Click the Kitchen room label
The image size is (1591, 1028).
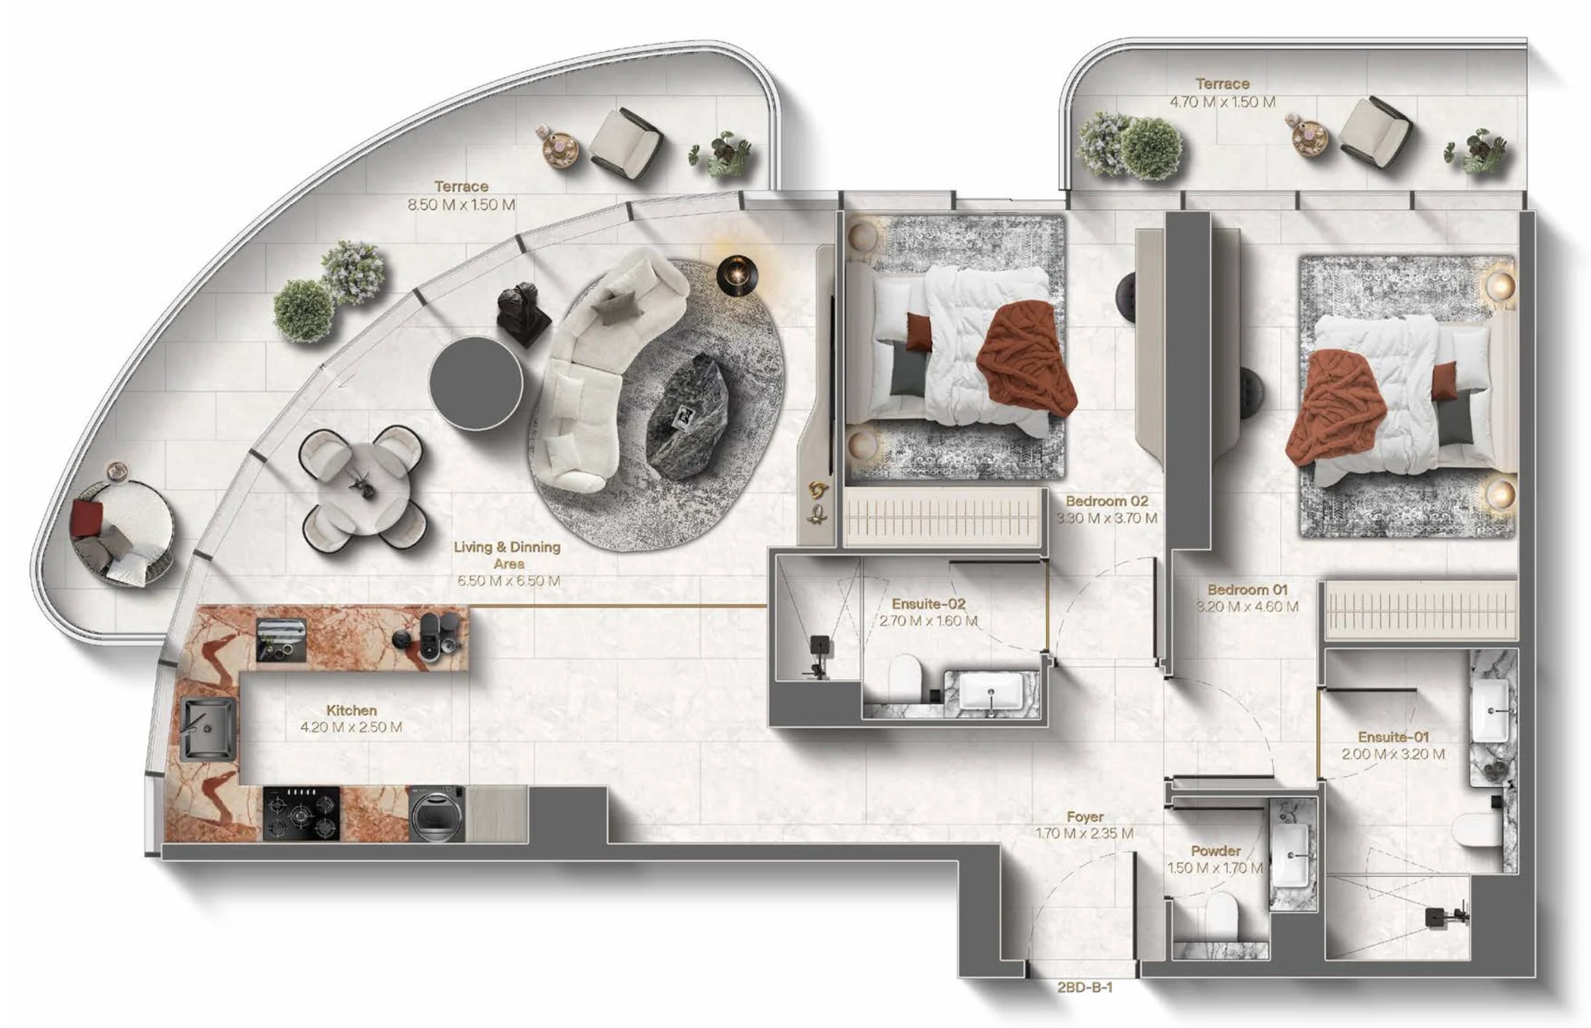pos(351,711)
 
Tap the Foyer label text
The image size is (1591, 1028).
pos(1085,817)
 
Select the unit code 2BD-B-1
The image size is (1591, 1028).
pos(1084,987)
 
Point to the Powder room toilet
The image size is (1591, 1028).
pos(1221,916)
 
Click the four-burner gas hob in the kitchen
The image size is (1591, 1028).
pos(301,814)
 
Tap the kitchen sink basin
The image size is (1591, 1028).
pos(208,729)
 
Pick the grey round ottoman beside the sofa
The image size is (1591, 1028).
pos(476,384)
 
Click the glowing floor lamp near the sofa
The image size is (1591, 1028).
pos(737,275)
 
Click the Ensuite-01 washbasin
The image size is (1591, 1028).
pos(1489,710)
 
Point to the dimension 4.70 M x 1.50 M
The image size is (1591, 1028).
pos(1222,102)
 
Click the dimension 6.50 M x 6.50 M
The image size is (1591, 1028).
pos(508,581)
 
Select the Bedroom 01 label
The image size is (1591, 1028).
pos(1247,590)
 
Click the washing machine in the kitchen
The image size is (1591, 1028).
pos(437,813)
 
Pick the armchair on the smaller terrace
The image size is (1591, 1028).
pos(1375,132)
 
